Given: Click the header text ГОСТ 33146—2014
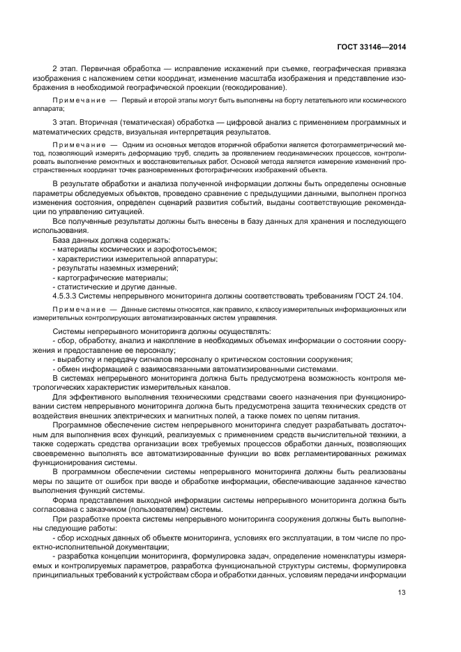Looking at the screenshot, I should (370, 47).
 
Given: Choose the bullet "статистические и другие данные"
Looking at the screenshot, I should (116, 287).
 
